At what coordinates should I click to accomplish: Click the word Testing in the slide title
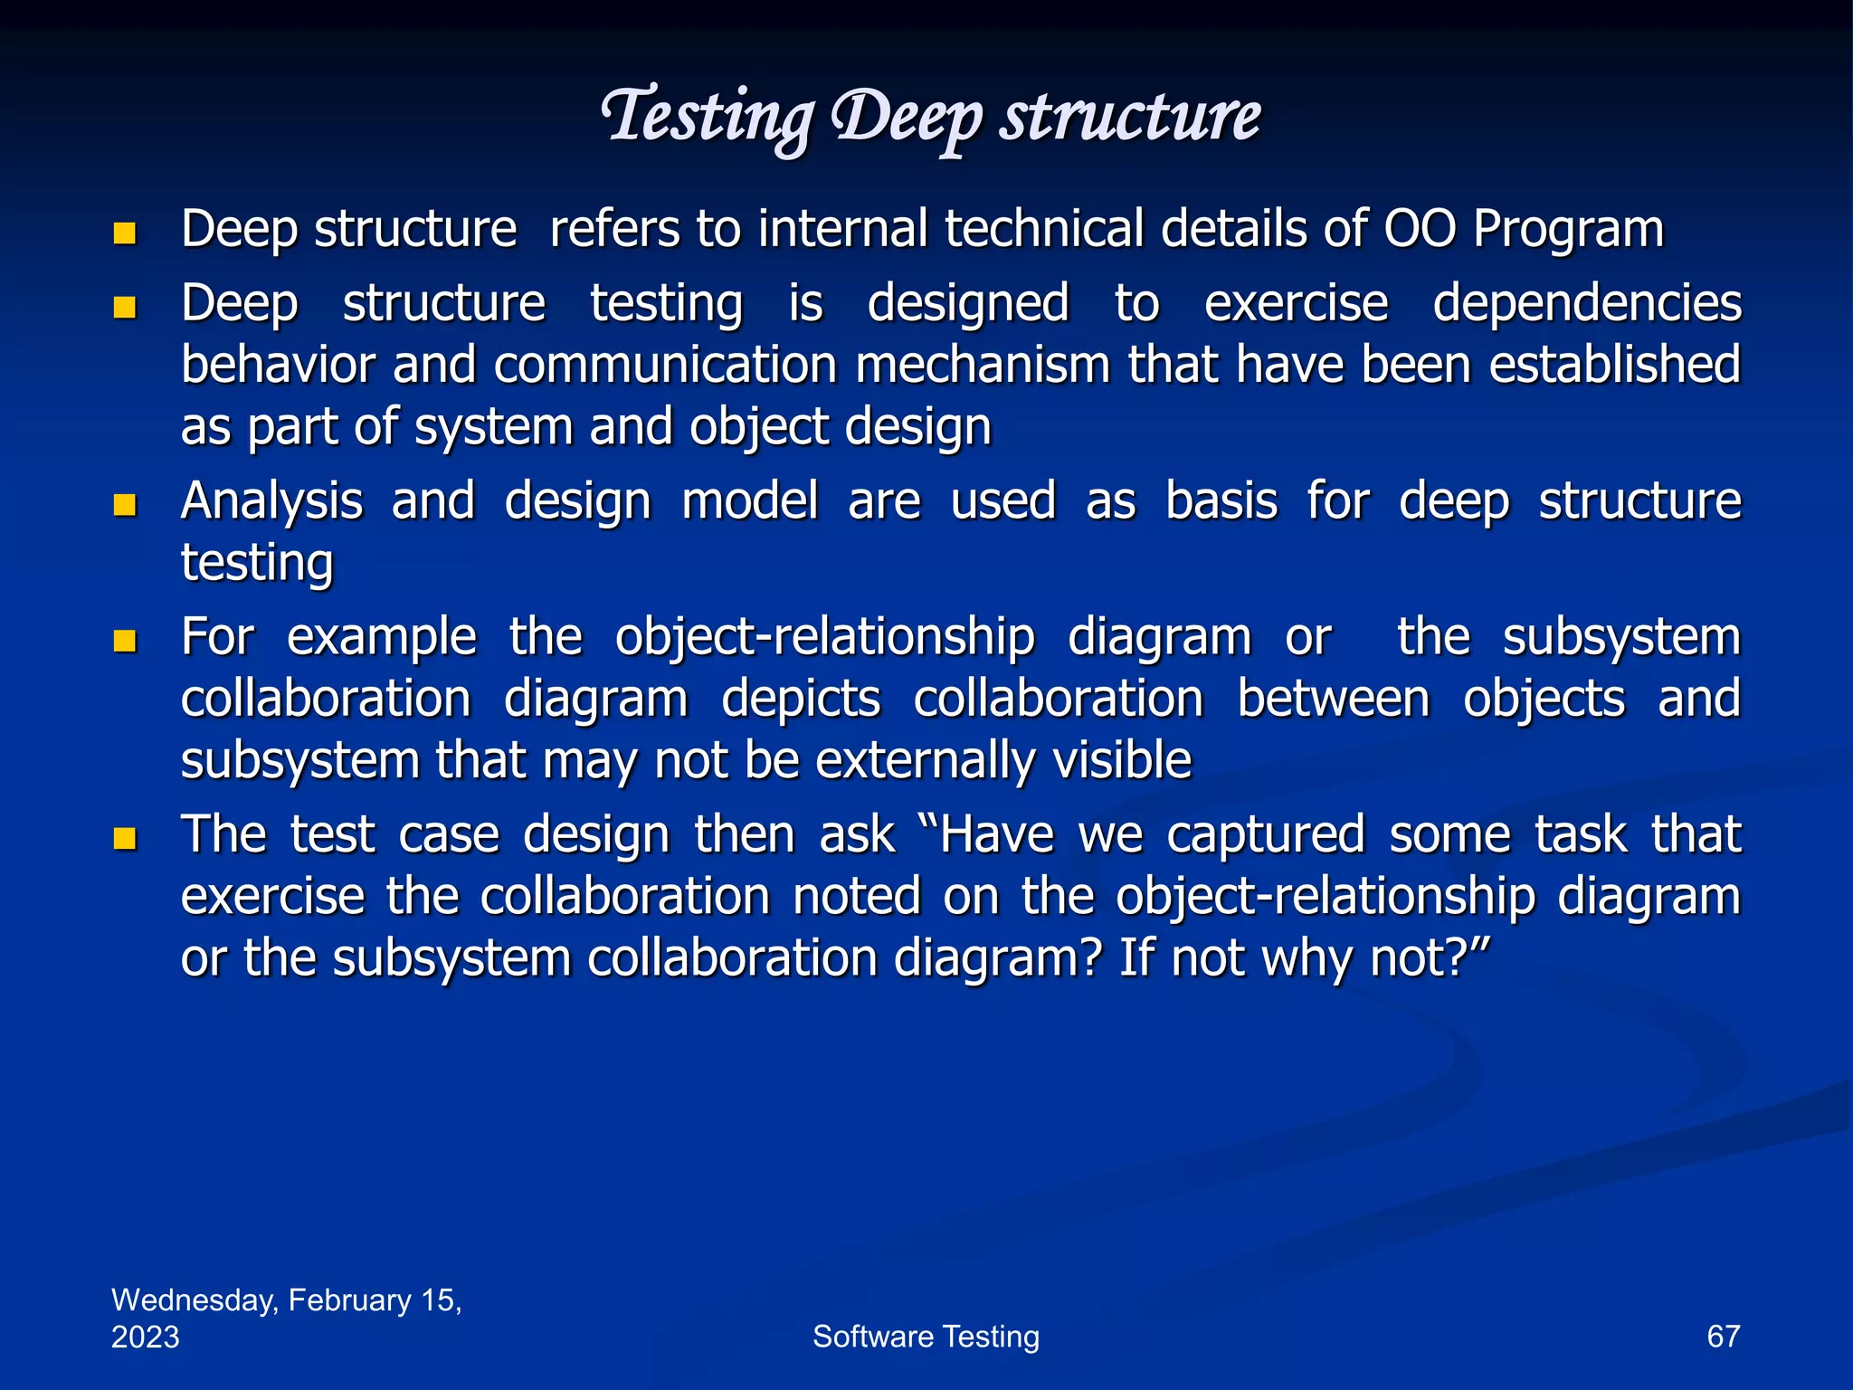pyautogui.click(x=708, y=118)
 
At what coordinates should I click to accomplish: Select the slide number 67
pyautogui.click(x=1723, y=1337)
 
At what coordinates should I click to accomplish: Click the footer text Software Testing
pyautogui.click(x=926, y=1337)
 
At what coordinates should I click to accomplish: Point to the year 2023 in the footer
pyautogui.click(x=145, y=1337)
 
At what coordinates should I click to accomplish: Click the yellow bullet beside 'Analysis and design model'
pyautogui.click(x=125, y=505)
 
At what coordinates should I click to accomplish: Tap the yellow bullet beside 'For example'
pyautogui.click(x=125, y=642)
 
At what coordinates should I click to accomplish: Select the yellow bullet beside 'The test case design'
pyautogui.click(x=125, y=838)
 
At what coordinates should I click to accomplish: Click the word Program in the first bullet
pyautogui.click(x=1568, y=230)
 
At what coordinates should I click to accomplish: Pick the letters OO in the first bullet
pyautogui.click(x=1420, y=228)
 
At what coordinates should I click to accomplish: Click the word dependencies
pyautogui.click(x=1587, y=303)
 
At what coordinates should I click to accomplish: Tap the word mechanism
pyautogui.click(x=983, y=366)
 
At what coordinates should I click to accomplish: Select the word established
pyautogui.click(x=1614, y=366)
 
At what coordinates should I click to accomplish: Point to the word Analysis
pyautogui.click(x=271, y=502)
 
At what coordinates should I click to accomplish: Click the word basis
pyautogui.click(x=1221, y=500)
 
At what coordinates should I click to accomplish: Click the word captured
pyautogui.click(x=1265, y=835)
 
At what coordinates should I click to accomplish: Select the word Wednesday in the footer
pyautogui.click(x=195, y=1300)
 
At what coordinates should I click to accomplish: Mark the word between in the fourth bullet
pyautogui.click(x=1333, y=700)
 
